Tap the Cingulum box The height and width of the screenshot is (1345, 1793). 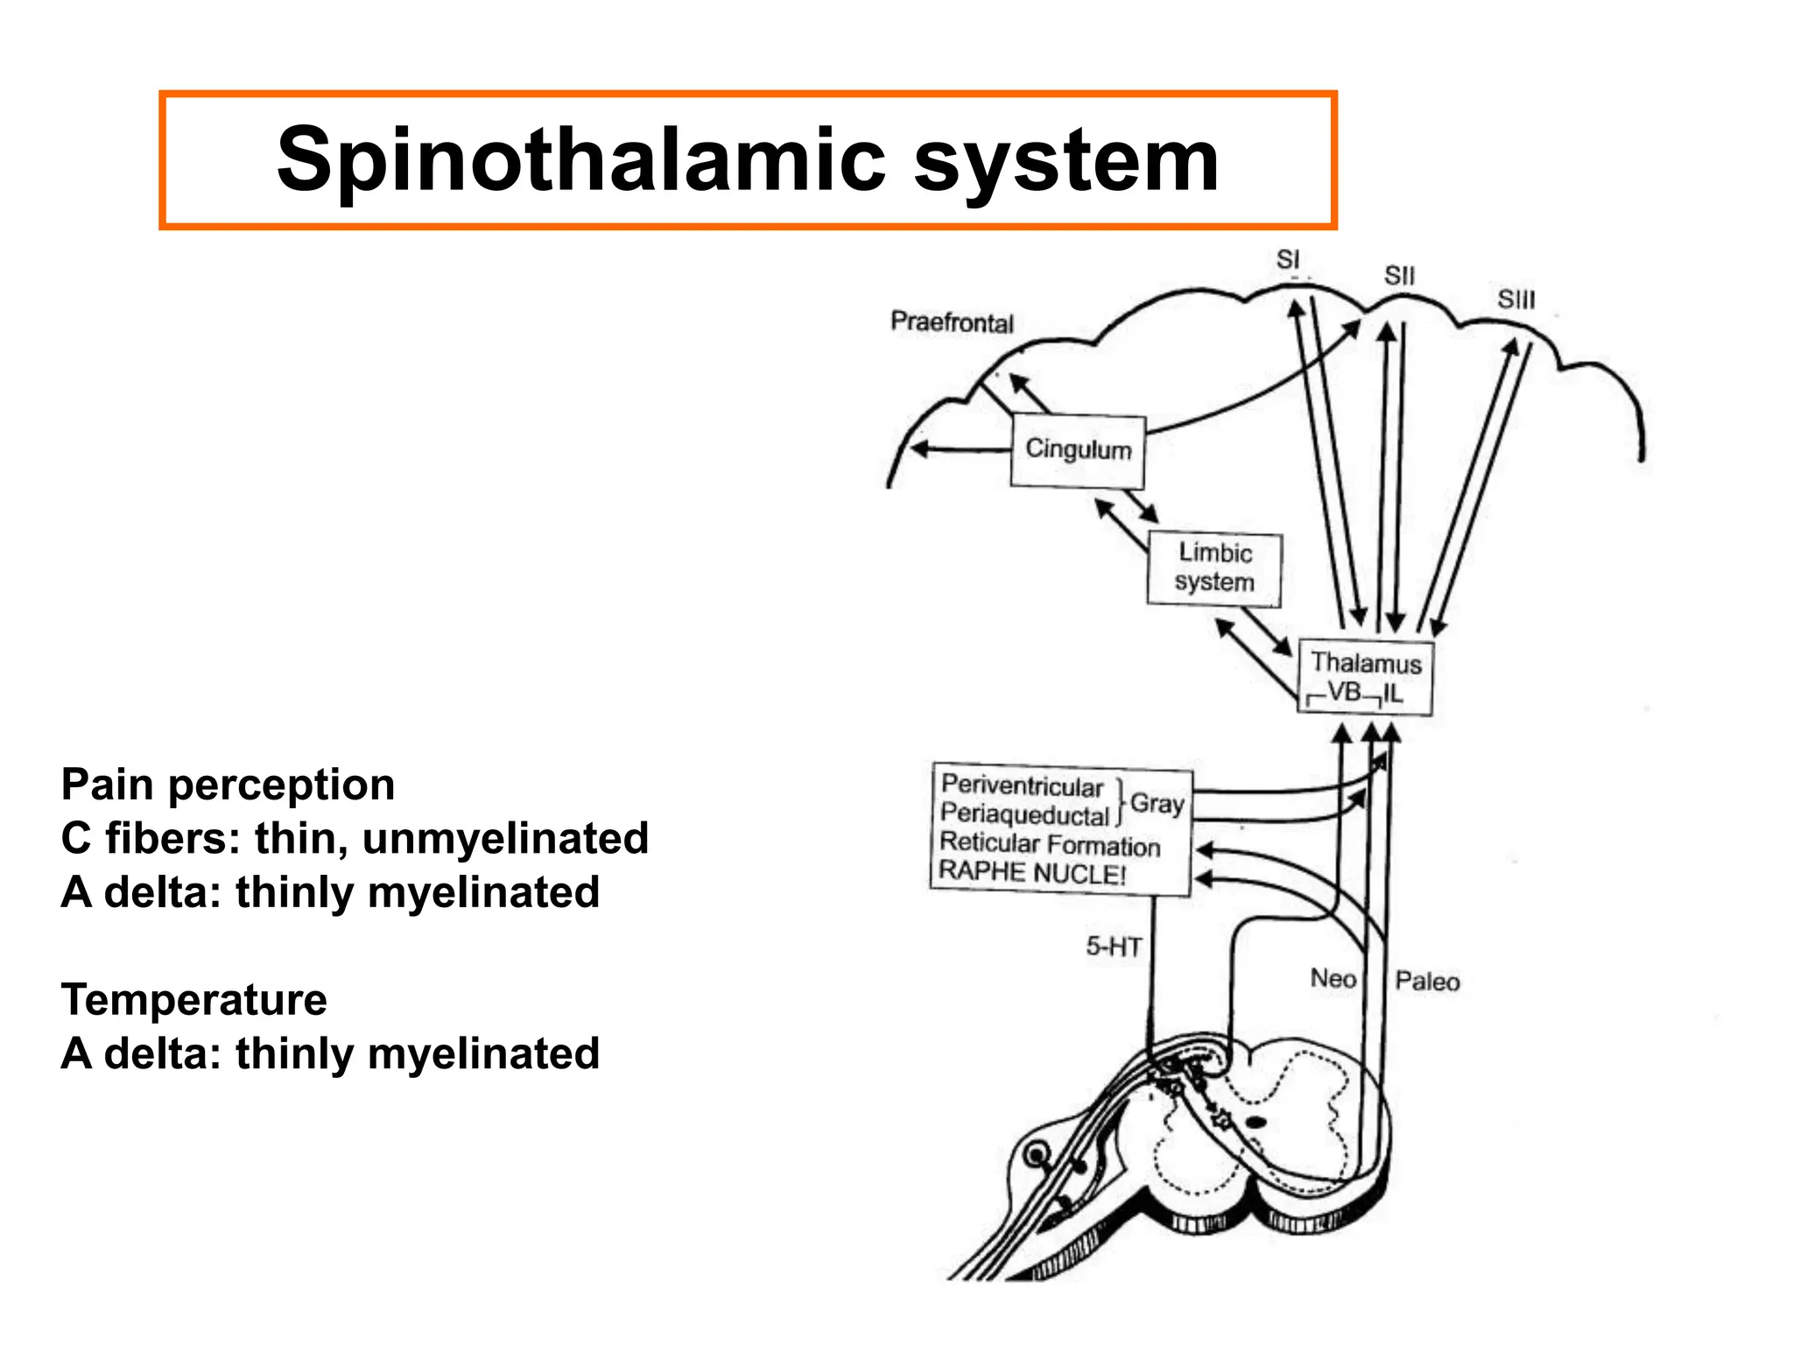[1078, 450]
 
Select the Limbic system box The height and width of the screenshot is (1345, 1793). [1214, 568]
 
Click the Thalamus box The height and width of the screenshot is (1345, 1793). [1365, 677]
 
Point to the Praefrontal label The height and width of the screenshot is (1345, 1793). [952, 322]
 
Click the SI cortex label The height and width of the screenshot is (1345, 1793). [1287, 260]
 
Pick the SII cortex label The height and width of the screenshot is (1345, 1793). [1399, 276]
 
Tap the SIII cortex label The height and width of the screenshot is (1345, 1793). [1515, 299]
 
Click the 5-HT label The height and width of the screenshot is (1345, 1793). [1114, 947]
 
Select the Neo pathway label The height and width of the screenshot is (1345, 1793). [1332, 978]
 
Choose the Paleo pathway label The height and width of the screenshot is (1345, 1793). [1427, 982]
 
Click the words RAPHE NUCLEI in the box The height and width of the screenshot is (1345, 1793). [1031, 872]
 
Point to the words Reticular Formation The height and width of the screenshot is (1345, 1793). [1050, 844]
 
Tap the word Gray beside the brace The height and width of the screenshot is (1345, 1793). [1157, 803]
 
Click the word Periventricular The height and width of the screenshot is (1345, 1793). [1022, 785]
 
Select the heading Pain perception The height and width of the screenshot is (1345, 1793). [228, 785]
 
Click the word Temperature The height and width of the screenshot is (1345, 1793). [193, 999]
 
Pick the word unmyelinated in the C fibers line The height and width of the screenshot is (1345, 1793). [505, 838]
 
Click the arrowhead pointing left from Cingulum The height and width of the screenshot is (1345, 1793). [919, 449]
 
